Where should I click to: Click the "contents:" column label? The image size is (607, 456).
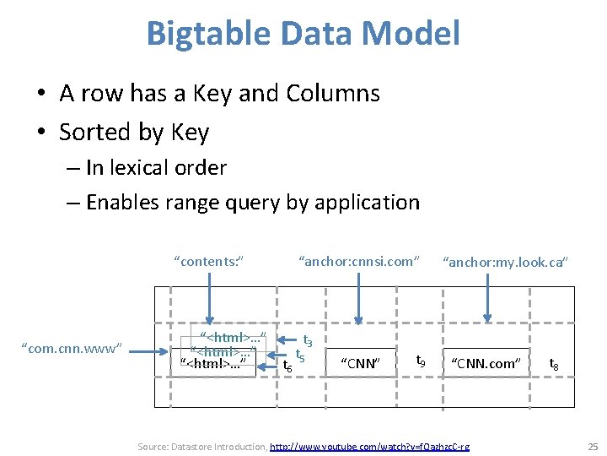tap(208, 261)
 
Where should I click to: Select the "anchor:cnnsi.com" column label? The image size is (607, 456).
tap(359, 261)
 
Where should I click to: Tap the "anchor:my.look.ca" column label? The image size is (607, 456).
tap(506, 263)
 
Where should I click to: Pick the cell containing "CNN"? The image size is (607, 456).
tap(360, 363)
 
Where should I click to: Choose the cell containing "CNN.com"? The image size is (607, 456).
tap(486, 363)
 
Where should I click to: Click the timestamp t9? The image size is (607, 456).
tap(421, 361)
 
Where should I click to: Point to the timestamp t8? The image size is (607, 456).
tap(555, 364)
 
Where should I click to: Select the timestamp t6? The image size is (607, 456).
tap(287, 366)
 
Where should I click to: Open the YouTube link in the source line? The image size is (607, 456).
tap(369, 446)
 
